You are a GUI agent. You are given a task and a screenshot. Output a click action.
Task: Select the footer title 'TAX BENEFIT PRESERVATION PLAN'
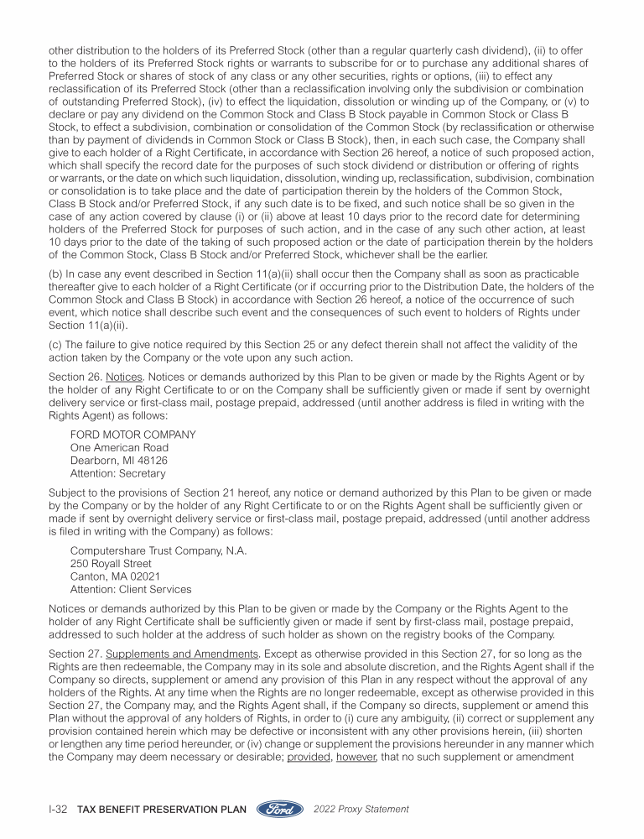[x=161, y=810]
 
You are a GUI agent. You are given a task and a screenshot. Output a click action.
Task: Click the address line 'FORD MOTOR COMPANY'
[x=133, y=435]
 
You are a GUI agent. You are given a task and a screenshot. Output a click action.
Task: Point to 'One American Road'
[x=119, y=448]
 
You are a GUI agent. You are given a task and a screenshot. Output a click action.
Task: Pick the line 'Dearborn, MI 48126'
[x=119, y=461]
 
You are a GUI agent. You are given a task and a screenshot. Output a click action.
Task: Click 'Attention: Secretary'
[x=118, y=474]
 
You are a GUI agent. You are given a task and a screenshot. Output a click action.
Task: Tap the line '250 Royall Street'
[x=111, y=564]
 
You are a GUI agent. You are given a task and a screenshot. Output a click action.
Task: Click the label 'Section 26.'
[x=75, y=377]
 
